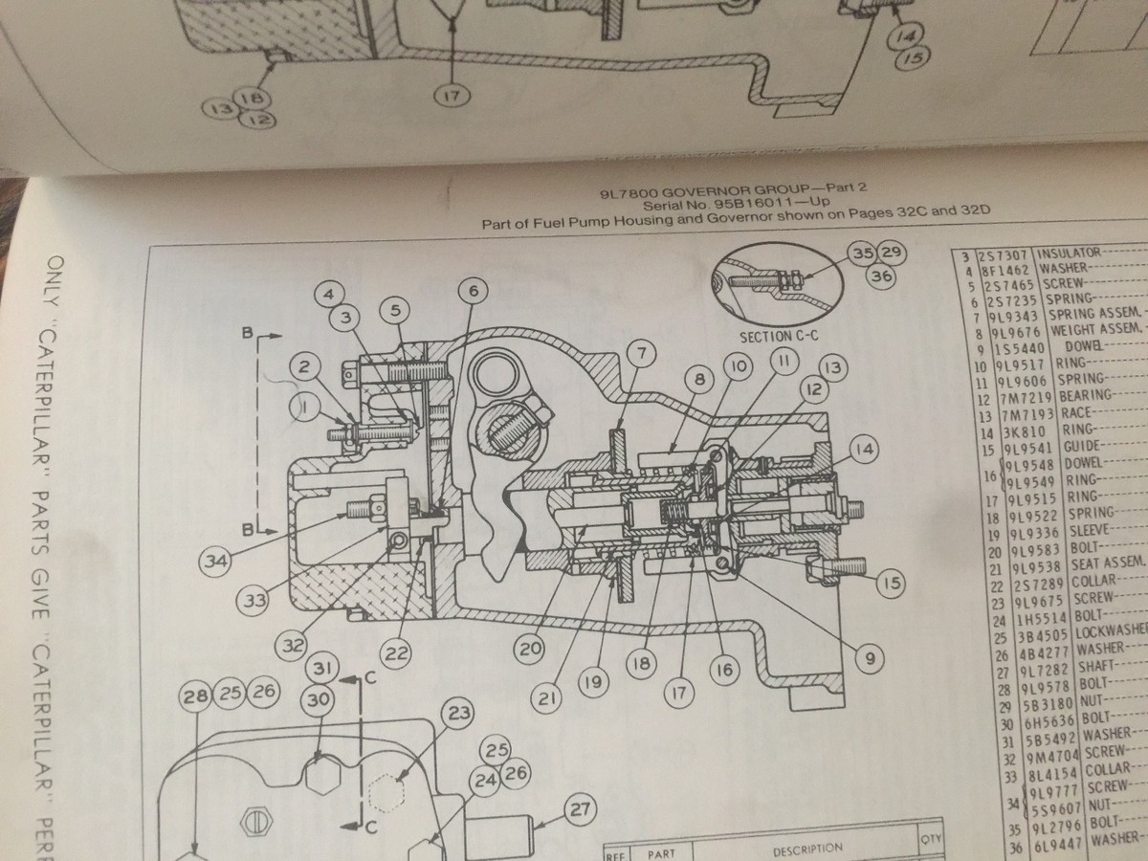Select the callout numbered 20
527,648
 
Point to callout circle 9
871,657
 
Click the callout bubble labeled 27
580,808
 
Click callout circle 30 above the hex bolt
320,699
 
